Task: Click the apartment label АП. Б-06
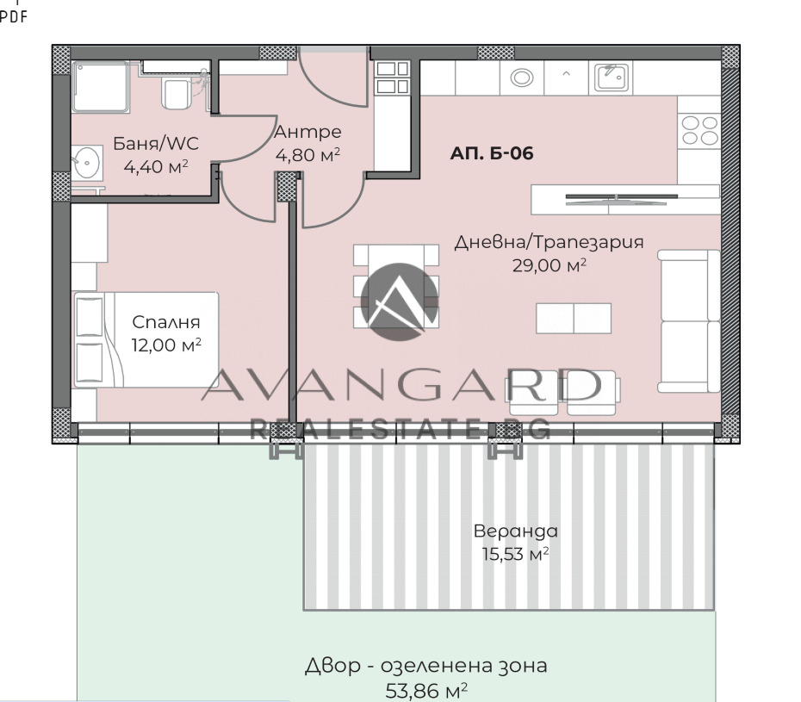(x=492, y=154)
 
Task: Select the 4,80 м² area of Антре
(x=307, y=155)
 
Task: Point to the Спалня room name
(x=166, y=323)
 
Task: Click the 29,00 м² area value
(x=550, y=265)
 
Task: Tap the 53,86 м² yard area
(x=427, y=689)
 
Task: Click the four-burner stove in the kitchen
(x=699, y=131)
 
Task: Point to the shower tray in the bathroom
(x=102, y=86)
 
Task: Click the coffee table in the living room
(x=574, y=318)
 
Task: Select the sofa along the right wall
(x=689, y=320)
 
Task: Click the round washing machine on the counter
(x=522, y=78)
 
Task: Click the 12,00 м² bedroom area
(x=166, y=345)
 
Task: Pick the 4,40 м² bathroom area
(x=156, y=166)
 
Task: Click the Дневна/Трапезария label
(x=550, y=242)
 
